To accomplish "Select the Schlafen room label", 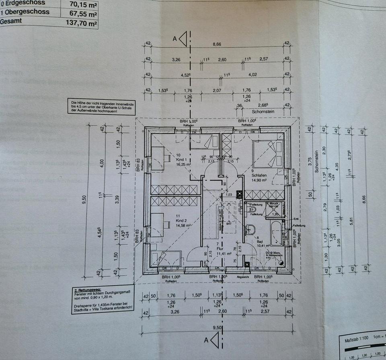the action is tap(259, 175).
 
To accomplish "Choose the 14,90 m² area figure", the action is tap(260, 181).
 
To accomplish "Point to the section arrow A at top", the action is tap(183, 39).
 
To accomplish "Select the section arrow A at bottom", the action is tap(213, 341).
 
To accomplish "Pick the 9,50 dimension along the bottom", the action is tap(217, 327).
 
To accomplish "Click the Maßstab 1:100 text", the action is tap(359, 340).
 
